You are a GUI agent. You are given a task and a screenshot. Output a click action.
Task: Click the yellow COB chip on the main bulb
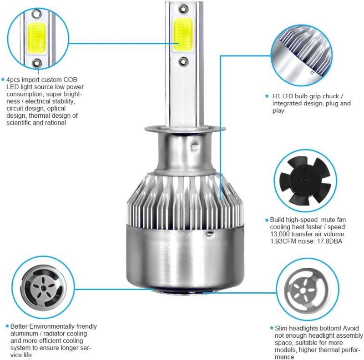[x=183, y=35]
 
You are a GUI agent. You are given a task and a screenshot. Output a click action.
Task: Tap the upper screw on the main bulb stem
[x=183, y=9]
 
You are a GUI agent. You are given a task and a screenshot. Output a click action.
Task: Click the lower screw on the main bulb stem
[x=183, y=61]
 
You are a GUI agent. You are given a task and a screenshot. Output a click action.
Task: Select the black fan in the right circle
[x=305, y=180]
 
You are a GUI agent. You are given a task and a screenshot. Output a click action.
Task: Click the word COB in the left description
[x=70, y=80]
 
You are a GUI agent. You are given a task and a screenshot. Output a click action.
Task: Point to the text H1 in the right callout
[x=276, y=96]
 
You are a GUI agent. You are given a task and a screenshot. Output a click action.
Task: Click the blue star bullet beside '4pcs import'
[x=3, y=80]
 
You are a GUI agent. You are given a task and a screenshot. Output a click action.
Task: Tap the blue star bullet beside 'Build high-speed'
[x=267, y=220]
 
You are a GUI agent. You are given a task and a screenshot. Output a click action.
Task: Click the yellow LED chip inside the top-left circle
[x=37, y=38]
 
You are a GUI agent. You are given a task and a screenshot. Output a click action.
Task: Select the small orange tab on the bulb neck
[x=195, y=147]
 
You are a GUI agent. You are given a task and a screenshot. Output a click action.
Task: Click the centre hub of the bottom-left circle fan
[x=43, y=288]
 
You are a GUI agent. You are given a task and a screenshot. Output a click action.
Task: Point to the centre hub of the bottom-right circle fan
[x=302, y=290]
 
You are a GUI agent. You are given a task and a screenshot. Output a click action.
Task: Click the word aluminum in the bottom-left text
[x=23, y=334]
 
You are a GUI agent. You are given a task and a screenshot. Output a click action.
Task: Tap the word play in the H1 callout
[x=278, y=111]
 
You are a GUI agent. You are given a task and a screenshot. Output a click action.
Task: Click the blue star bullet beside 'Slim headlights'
[x=272, y=328]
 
